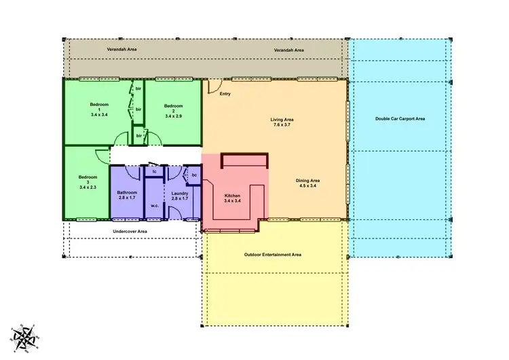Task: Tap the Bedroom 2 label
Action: coord(174,109)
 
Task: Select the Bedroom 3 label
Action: coord(88,181)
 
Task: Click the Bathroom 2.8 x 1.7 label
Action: coord(128,196)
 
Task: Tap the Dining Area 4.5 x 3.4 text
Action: coord(307,183)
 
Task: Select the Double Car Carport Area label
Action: coord(400,119)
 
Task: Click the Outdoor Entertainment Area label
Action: coord(272,255)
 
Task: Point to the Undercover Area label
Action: coord(130,231)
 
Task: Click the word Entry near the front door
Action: coord(225,94)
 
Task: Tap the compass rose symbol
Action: coord(26,336)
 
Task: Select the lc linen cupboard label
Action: coord(155,173)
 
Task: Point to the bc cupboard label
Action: coord(194,175)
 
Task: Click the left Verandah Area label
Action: coord(123,50)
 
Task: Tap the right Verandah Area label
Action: coord(288,50)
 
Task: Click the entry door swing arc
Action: coord(213,86)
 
